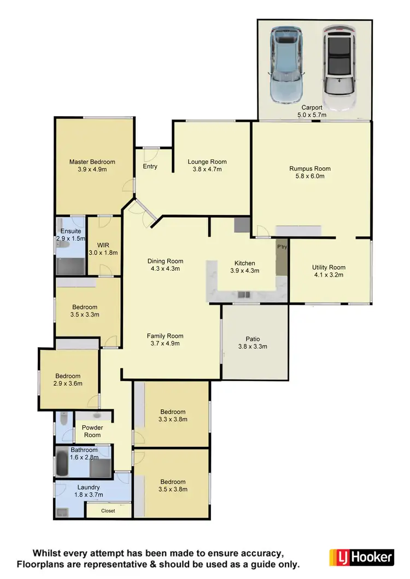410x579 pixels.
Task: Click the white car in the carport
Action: coord(338,61)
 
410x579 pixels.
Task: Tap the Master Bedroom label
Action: coord(92,162)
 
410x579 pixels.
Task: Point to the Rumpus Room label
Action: coord(310,169)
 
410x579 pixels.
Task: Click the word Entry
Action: coord(150,166)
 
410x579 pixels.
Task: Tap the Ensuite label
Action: coord(71,231)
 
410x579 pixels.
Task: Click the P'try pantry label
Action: coord(282,247)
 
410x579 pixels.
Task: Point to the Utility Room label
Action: coord(329,267)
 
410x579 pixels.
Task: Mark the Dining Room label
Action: coord(165,261)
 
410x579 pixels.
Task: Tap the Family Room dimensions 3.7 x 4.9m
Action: coord(165,343)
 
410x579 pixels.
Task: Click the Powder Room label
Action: coord(92,431)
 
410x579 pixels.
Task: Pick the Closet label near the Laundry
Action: coord(108,511)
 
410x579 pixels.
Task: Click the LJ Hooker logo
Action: coord(361,557)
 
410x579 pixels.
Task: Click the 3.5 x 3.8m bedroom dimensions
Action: coord(173,490)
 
